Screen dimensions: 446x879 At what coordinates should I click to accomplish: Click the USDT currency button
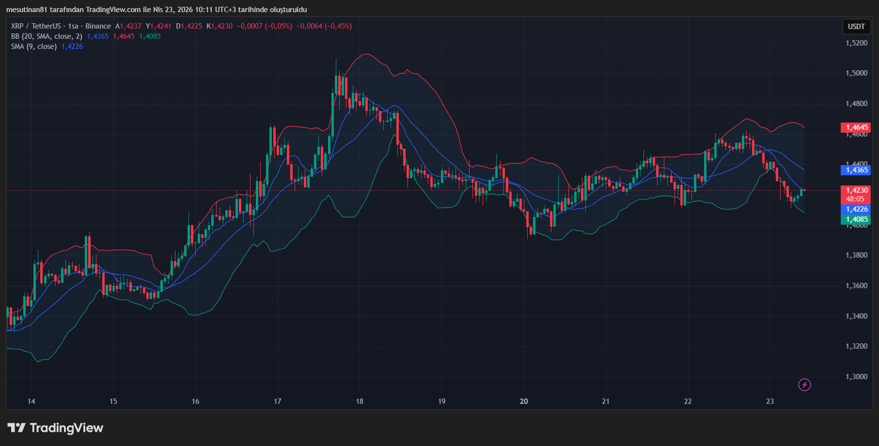(856, 27)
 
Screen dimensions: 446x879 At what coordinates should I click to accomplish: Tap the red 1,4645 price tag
(856, 127)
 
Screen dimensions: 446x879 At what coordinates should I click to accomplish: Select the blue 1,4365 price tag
(856, 170)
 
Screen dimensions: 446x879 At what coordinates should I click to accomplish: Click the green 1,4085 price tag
(856, 219)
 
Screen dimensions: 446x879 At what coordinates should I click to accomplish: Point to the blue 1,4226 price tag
(856, 209)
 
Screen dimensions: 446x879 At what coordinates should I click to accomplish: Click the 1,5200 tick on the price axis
(856, 43)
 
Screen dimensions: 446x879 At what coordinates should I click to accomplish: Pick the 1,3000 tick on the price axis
(856, 377)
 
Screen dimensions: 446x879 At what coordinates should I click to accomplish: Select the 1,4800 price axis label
(856, 104)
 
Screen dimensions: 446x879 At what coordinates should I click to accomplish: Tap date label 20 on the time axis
(524, 401)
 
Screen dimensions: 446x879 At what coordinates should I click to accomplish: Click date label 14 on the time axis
(31, 401)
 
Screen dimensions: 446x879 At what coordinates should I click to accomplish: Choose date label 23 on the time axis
(770, 401)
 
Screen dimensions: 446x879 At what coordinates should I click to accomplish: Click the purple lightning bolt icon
(804, 385)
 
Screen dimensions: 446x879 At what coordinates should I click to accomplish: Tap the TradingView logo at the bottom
(56, 428)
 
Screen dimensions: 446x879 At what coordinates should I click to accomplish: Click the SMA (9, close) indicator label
(34, 46)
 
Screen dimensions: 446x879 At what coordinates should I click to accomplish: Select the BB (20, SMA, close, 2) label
(47, 36)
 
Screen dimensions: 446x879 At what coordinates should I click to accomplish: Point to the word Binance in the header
(98, 26)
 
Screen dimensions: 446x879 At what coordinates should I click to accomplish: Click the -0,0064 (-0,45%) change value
(324, 26)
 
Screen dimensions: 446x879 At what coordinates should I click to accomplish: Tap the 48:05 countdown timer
(855, 199)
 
